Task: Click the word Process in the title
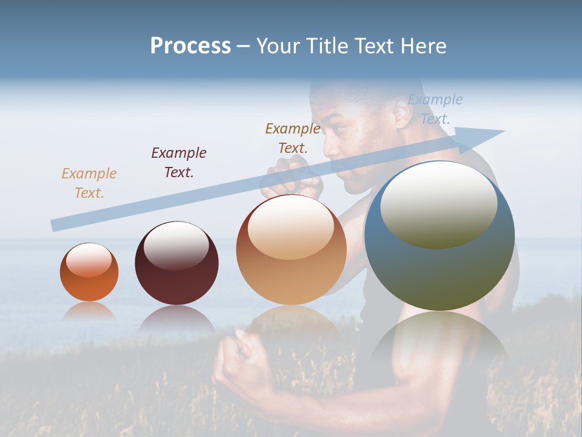(x=190, y=46)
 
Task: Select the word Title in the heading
(x=327, y=46)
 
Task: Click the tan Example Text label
(x=89, y=183)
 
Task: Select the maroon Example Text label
(x=179, y=162)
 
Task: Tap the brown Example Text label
(x=293, y=138)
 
